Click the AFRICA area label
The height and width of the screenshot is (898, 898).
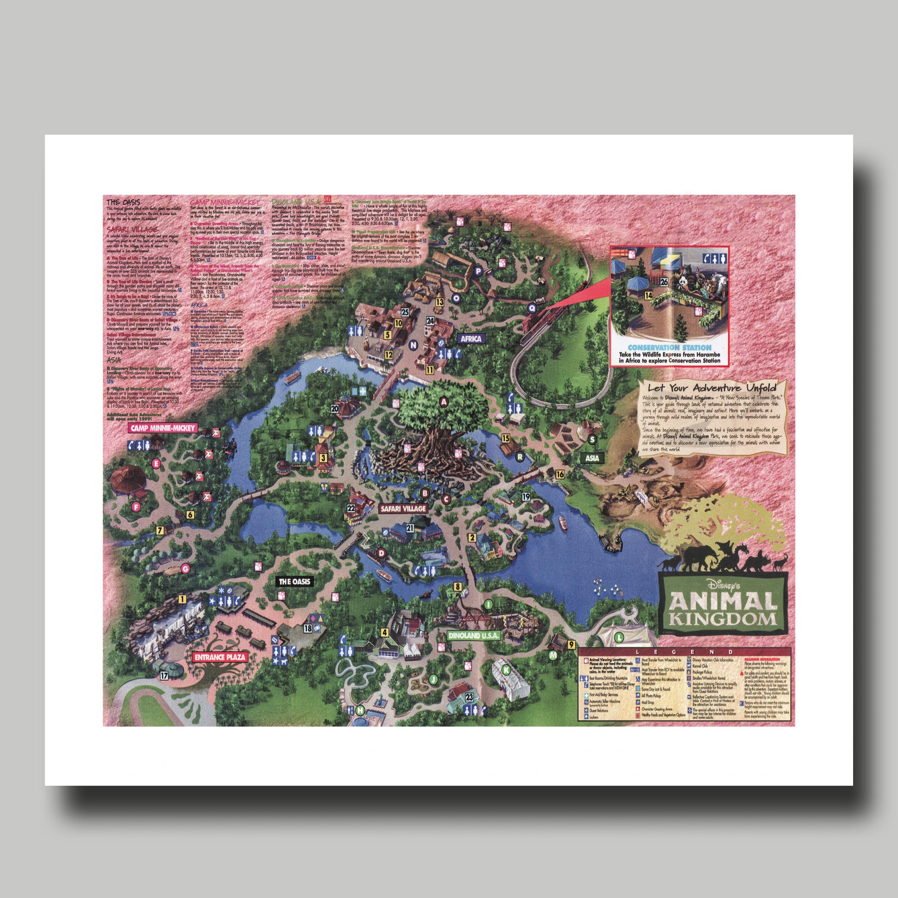(471, 339)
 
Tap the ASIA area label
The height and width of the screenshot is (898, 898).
(592, 458)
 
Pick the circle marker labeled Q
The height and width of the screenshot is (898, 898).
(532, 307)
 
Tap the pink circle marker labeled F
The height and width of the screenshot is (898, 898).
(136, 507)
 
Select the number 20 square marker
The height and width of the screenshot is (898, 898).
(335, 409)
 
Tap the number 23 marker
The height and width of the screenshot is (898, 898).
(469, 697)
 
